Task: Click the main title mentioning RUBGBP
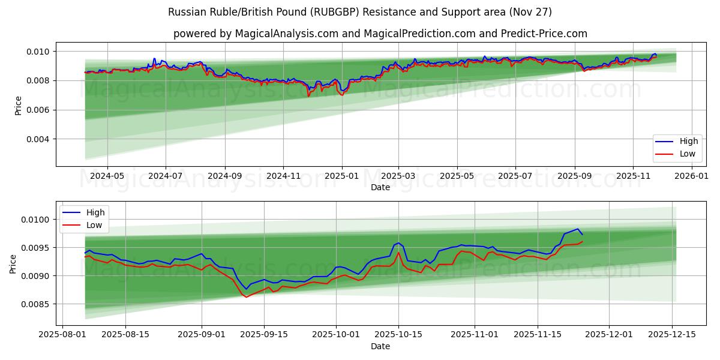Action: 360,12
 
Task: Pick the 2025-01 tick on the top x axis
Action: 341,176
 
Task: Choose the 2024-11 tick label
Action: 283,176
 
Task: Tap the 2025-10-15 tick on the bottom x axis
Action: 398,335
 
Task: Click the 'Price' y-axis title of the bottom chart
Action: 13,264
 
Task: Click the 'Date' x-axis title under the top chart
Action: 380,187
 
